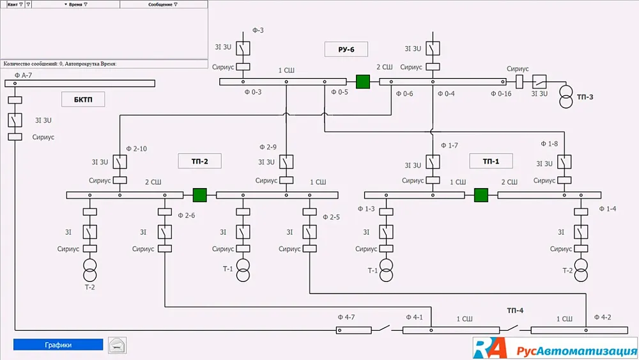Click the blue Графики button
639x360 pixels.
pyautogui.click(x=58, y=345)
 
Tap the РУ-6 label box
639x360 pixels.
pyautogui.click(x=346, y=49)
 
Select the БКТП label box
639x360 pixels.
pyautogui.click(x=83, y=99)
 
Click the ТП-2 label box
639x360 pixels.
pyautogui.click(x=199, y=161)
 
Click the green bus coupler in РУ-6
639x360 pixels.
pyautogui.click(x=363, y=82)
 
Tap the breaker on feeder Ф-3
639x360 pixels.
pyautogui.click(x=243, y=48)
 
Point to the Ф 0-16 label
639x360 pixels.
pyautogui.click(x=501, y=93)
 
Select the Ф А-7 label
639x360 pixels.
pyautogui.click(x=22, y=75)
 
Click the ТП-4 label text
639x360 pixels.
pyautogui.click(x=515, y=311)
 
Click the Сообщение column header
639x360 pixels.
pyautogui.click(x=164, y=4)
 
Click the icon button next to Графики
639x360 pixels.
pyautogui.click(x=118, y=345)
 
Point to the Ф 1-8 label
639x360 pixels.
pyautogui.click(x=549, y=144)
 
